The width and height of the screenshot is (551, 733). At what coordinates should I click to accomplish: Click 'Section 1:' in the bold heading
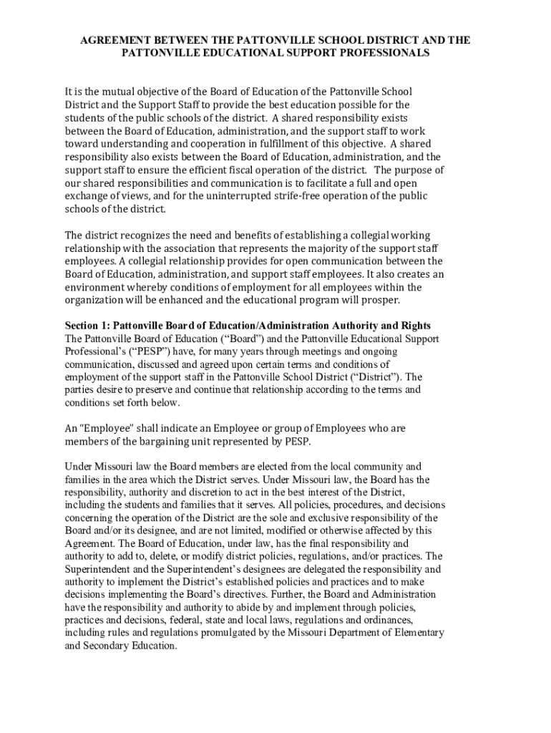pos(87,326)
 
